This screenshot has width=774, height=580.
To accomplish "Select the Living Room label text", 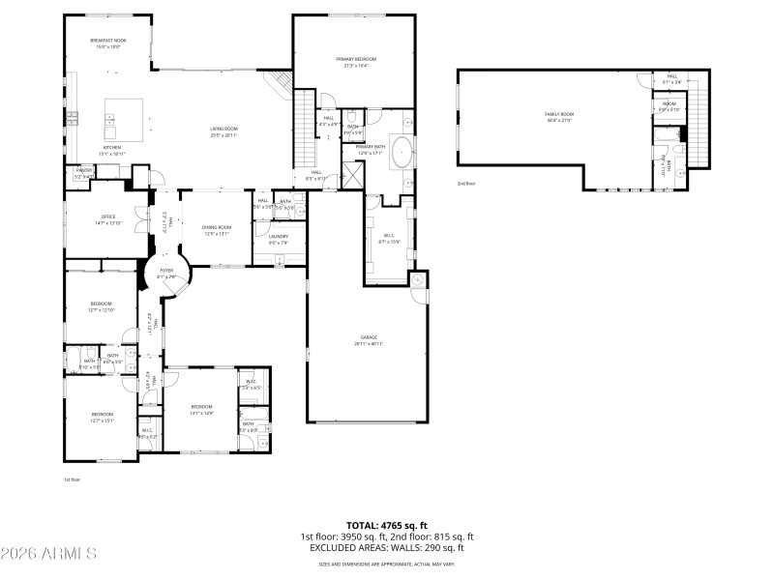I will tap(224, 131).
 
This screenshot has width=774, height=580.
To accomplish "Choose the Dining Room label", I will tap(217, 230).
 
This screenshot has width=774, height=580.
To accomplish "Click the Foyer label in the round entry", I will tap(166, 274).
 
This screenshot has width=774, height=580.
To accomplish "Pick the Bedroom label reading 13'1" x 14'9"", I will tap(201, 409).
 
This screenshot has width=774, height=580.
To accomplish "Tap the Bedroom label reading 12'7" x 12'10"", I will tap(102, 306).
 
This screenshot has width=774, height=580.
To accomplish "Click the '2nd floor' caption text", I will tap(467, 183).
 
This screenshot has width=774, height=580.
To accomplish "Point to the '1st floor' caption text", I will tap(72, 478).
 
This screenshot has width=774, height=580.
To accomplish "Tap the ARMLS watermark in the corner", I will tap(48, 554).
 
